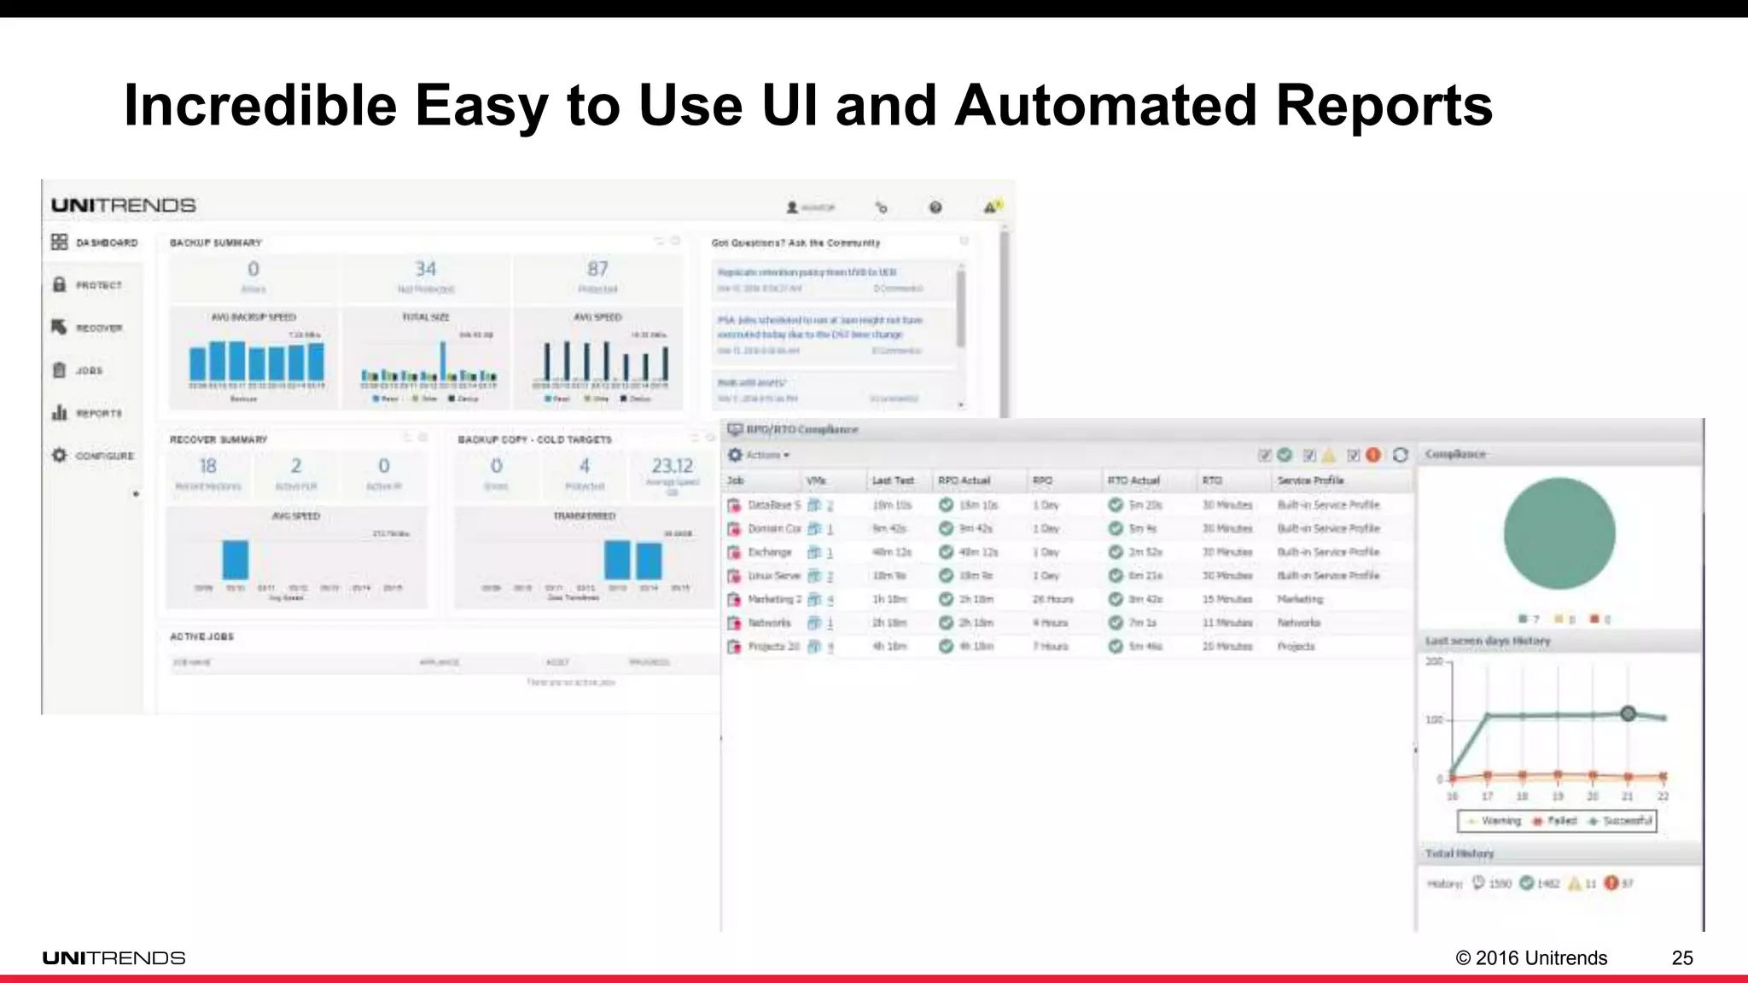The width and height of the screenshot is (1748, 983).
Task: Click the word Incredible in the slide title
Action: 260,106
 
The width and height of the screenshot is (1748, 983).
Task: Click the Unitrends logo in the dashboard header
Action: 124,206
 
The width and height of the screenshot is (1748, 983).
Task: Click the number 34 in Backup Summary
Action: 426,269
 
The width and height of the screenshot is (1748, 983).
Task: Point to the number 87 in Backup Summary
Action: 597,269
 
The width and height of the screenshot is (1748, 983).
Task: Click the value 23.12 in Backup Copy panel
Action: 673,466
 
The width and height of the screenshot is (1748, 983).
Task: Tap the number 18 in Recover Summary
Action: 207,466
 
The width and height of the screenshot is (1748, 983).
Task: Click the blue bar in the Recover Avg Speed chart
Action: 236,560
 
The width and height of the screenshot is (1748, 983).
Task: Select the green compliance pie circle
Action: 1559,533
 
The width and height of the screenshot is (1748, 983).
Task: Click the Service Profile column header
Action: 1310,480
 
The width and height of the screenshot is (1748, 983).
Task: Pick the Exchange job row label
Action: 769,552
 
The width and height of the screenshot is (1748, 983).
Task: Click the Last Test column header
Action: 892,480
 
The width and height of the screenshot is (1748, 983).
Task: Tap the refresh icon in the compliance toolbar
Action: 1401,455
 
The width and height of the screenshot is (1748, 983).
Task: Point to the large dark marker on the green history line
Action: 1628,713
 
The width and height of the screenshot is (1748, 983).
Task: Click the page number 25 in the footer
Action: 1682,958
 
